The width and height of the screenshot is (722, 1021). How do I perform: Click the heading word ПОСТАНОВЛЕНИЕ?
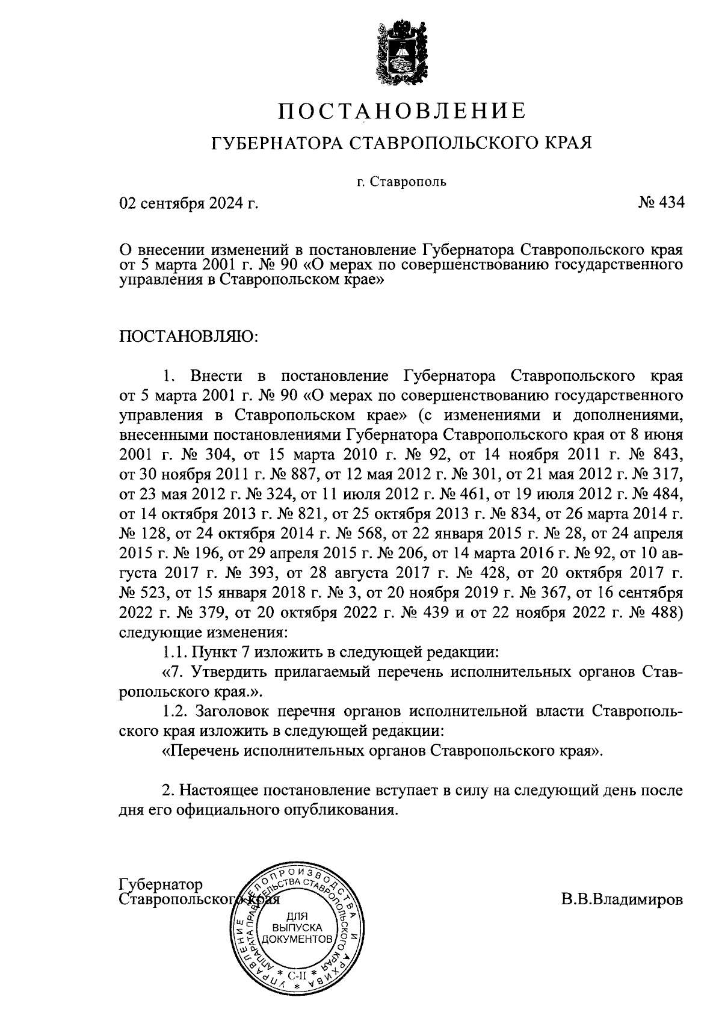[x=401, y=111]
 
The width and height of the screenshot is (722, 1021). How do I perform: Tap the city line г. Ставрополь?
[x=401, y=181]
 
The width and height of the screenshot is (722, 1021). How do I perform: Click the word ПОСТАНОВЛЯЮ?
[x=189, y=335]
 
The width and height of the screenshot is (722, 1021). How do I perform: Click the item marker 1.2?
[x=176, y=711]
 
